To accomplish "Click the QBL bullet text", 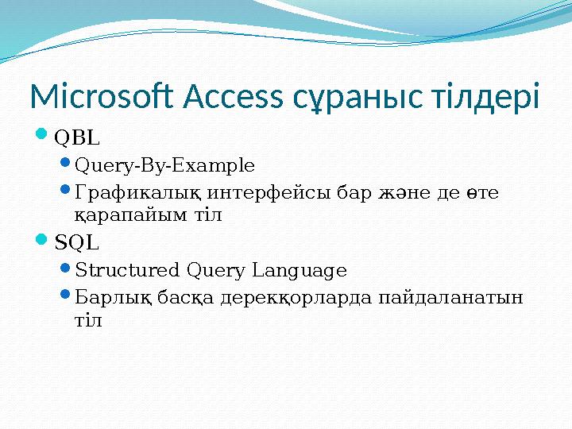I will click(77, 138).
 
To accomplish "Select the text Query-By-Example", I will click(164, 166).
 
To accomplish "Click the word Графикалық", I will click(138, 193).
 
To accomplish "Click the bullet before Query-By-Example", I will click(66, 165).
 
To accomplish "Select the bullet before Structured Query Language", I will click(66, 270).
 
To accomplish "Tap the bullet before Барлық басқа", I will click(66, 297).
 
